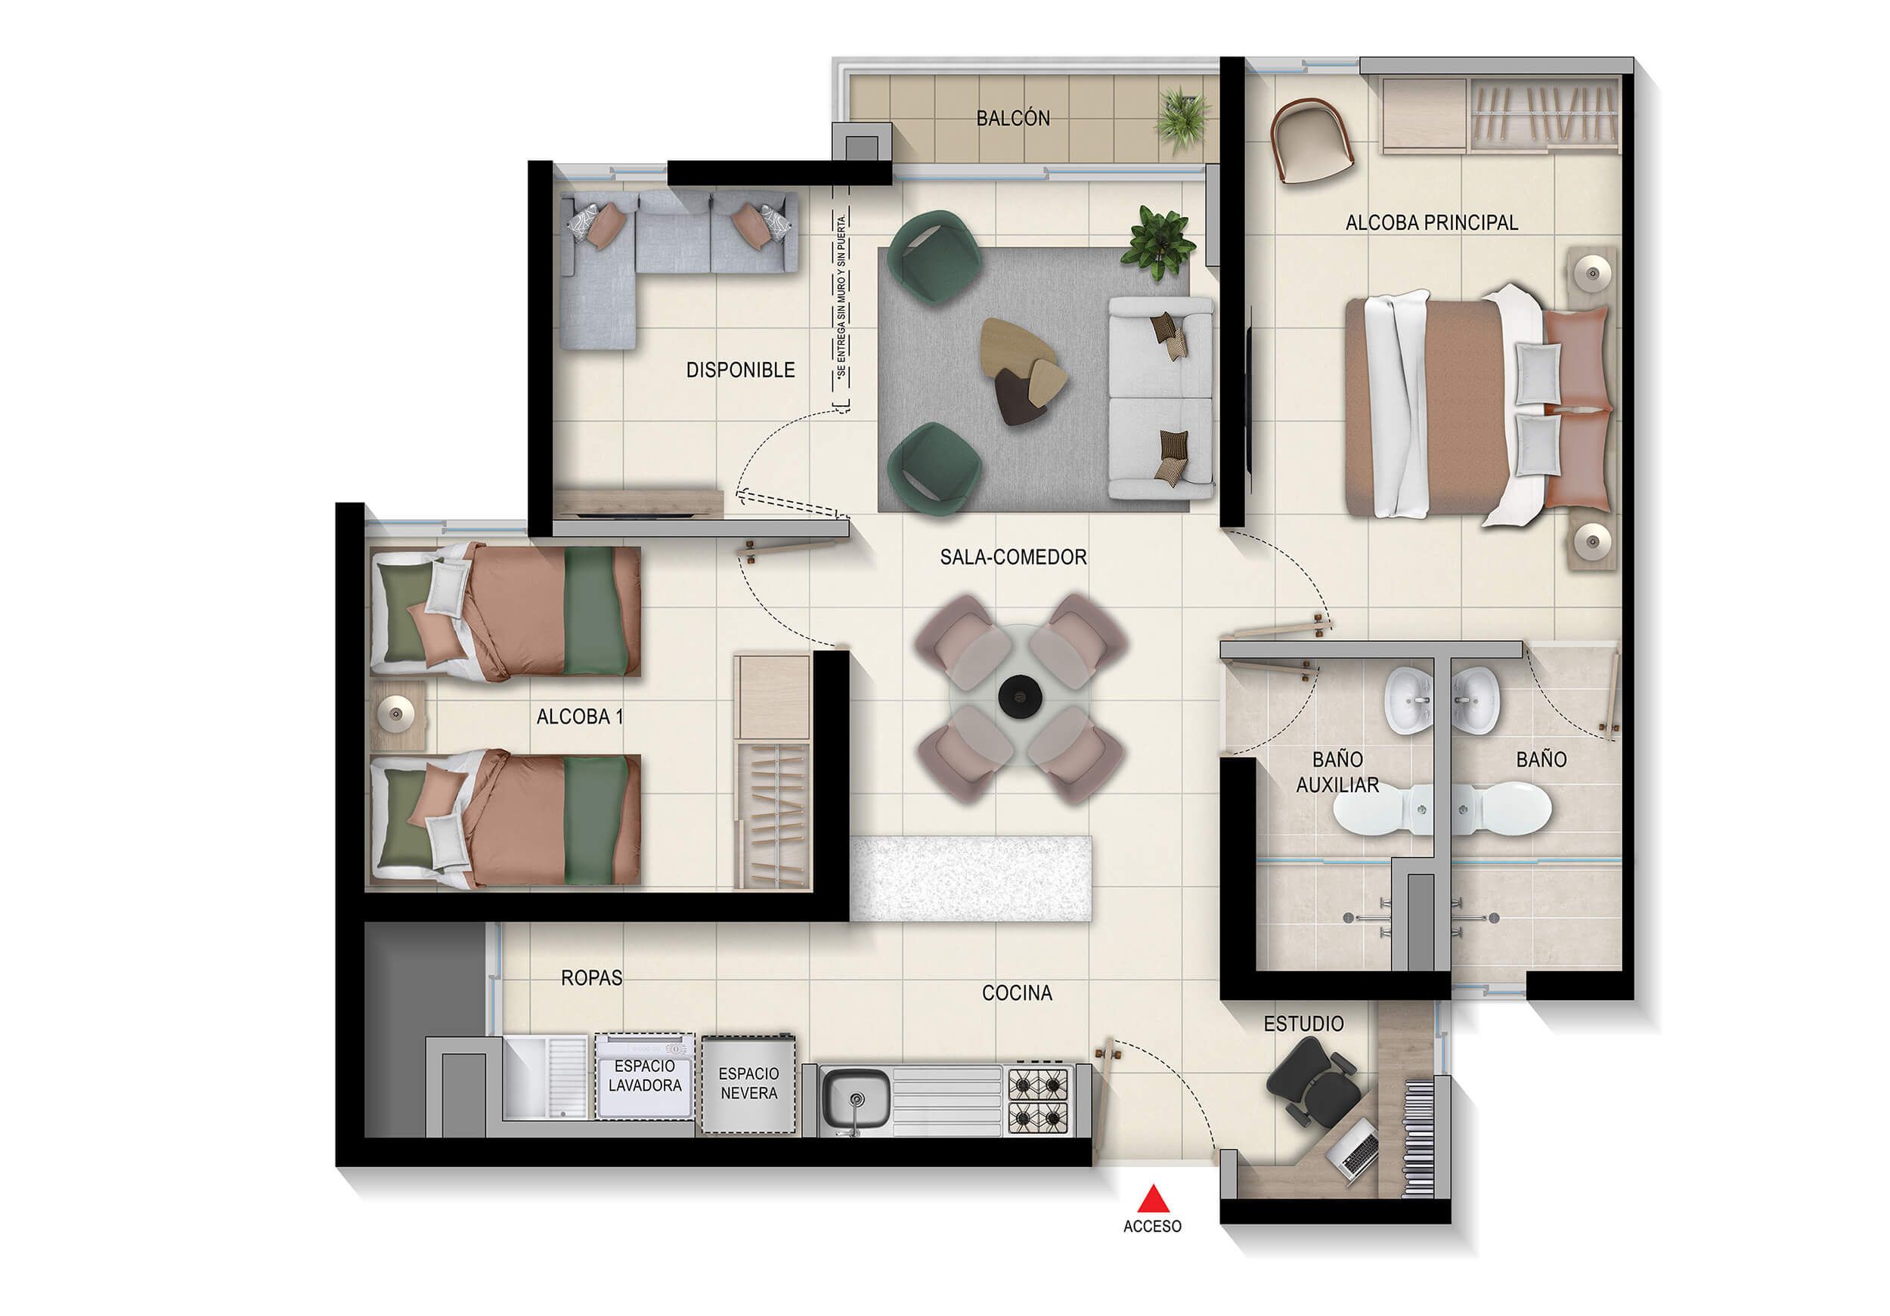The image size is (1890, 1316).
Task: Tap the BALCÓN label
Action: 1012,119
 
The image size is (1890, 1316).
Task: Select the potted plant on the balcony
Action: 1182,120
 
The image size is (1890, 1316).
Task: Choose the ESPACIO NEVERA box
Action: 748,1084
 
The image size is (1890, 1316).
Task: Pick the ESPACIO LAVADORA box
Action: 645,1076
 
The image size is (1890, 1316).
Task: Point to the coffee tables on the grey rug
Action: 1021,370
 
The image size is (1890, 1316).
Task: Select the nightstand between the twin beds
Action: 398,714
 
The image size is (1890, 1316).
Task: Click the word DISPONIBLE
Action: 740,370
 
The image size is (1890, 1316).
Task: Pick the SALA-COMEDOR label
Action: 1012,557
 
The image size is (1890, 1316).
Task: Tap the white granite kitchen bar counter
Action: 971,878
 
